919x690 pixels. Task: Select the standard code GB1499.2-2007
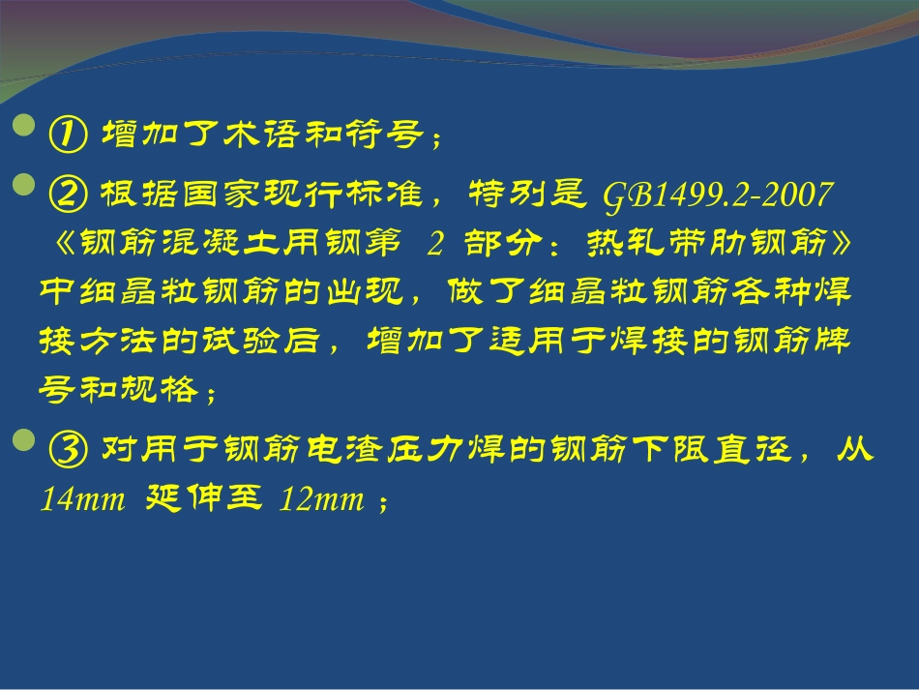(717, 195)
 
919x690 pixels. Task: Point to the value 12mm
(321, 500)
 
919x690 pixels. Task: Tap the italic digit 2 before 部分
(434, 246)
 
